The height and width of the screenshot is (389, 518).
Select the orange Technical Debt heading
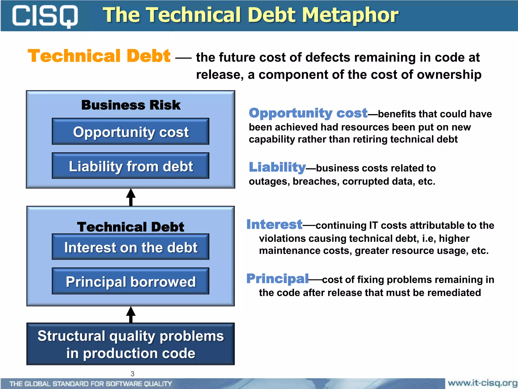99,56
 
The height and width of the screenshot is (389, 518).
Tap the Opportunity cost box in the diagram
131,132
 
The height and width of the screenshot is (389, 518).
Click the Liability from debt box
131,166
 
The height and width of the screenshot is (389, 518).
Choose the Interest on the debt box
131,247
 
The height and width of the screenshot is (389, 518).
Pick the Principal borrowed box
131,281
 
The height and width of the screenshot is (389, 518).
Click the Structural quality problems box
131,344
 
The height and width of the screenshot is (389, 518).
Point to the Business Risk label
131,105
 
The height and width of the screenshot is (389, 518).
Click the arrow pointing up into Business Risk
131,197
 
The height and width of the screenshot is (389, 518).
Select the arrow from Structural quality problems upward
131,315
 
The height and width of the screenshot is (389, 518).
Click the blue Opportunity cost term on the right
308,113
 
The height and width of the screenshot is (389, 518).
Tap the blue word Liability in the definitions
277,167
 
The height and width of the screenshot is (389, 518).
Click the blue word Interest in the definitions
274,224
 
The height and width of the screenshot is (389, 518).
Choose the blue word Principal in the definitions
277,279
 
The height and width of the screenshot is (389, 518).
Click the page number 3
132,374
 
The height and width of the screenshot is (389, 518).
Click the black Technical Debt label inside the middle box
131,227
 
